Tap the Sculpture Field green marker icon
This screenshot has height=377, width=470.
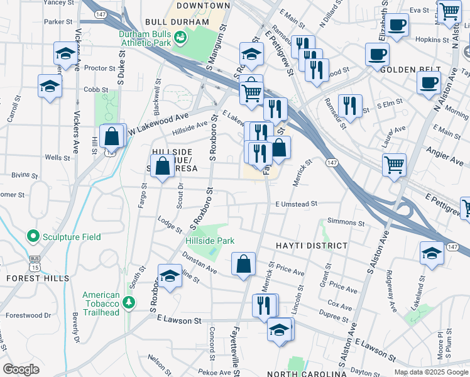33,236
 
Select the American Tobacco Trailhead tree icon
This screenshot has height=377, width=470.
129,302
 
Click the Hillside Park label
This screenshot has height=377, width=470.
210,241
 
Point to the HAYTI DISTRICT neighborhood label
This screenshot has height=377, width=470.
310,246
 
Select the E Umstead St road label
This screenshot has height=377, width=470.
296,204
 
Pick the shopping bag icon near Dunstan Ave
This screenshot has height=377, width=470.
243,265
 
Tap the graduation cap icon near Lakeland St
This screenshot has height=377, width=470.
432,253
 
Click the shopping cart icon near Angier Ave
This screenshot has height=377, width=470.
395,165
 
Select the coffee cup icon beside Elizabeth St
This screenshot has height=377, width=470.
396,25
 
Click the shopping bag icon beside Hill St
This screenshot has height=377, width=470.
112,135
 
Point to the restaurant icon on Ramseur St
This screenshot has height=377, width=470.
350,104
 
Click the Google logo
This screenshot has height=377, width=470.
21,369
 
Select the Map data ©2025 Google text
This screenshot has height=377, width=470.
430,371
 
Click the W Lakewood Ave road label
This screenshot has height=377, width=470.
159,121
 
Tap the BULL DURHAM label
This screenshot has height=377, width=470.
177,22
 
